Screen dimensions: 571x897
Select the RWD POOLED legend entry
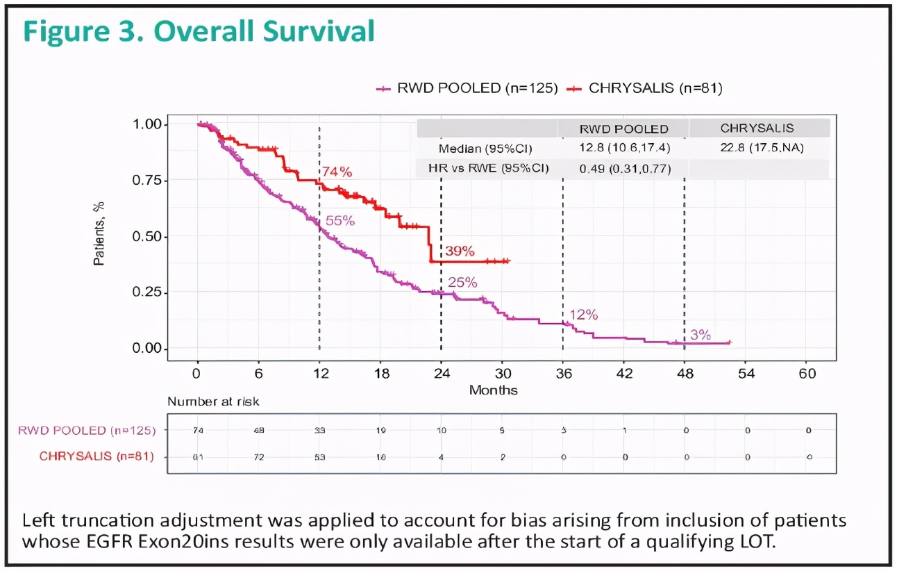coord(467,88)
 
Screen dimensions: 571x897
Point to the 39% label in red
coord(460,250)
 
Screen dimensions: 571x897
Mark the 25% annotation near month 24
coord(462,282)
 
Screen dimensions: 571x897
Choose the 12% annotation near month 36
coord(584,315)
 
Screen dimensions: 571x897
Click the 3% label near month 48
coord(701,335)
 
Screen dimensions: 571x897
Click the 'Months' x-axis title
coord(493,390)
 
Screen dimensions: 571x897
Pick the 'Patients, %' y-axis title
coord(100,236)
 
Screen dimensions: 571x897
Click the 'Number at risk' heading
coord(213,402)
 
